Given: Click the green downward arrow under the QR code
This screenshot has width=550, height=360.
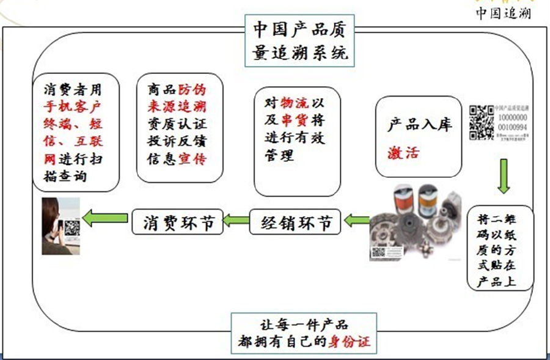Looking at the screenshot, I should [x=502, y=176].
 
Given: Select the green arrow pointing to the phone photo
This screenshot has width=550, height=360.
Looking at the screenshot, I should [x=105, y=218].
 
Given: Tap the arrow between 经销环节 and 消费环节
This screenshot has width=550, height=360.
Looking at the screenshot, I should [x=236, y=220].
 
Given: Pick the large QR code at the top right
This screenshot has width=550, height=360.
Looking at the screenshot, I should [x=481, y=122].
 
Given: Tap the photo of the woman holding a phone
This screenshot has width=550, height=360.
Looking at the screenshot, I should [x=61, y=225].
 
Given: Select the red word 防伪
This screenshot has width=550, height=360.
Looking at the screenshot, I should [x=193, y=89].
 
